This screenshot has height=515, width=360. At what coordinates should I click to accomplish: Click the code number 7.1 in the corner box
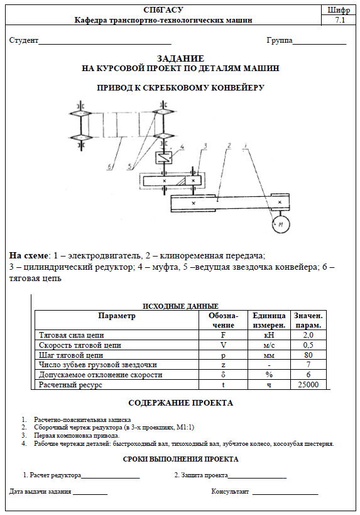[x=340, y=20]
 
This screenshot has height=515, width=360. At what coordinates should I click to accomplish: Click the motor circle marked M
[x=281, y=224]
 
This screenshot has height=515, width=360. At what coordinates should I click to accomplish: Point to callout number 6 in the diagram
[x=109, y=167]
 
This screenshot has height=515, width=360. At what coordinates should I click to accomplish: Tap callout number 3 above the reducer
[x=205, y=146]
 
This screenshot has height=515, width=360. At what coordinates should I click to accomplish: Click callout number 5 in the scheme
[x=130, y=167]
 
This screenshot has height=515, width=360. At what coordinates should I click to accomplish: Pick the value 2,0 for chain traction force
[x=308, y=335]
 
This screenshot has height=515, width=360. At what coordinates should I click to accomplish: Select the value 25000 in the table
[x=308, y=385]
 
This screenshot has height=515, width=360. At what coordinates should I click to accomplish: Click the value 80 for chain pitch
[x=308, y=355]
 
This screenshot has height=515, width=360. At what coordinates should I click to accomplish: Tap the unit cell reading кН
[x=269, y=335]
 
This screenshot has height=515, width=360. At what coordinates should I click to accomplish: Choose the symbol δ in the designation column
[x=223, y=375]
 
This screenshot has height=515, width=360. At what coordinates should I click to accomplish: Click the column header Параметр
[x=117, y=316]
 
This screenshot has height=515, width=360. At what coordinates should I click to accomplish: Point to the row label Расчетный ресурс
[x=70, y=385]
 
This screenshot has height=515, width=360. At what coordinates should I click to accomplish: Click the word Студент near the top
[x=24, y=40]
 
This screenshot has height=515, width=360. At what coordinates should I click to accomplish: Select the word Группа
[x=280, y=40]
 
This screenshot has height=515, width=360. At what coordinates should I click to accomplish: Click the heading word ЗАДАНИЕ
[x=180, y=58]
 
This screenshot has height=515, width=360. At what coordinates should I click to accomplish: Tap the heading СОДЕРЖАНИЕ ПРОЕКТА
[x=180, y=403]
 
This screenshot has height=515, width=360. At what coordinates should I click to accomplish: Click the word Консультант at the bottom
[x=230, y=492]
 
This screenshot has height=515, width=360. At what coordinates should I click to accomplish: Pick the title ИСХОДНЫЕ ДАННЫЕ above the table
[x=180, y=306]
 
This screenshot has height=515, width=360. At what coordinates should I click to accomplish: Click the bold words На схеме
[x=28, y=255]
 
